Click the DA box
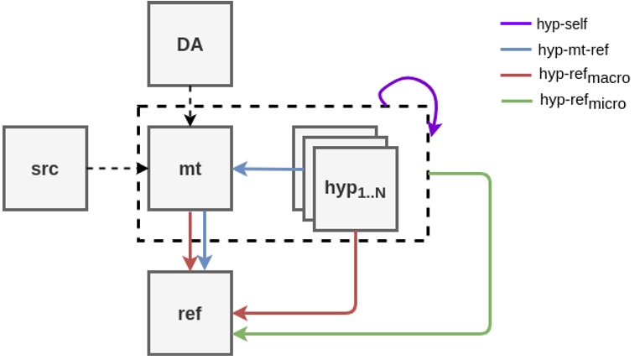point(190,43)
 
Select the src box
point(45,168)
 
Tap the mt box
point(190,168)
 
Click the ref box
point(190,313)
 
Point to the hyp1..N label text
point(356,188)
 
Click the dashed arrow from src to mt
point(117,169)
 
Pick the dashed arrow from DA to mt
point(190,105)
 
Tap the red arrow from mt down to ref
point(190,238)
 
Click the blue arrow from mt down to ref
point(205,238)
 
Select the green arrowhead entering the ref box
point(241,334)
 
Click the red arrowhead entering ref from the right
point(241,313)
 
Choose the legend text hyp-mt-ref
point(574,50)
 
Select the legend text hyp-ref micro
point(582,102)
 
